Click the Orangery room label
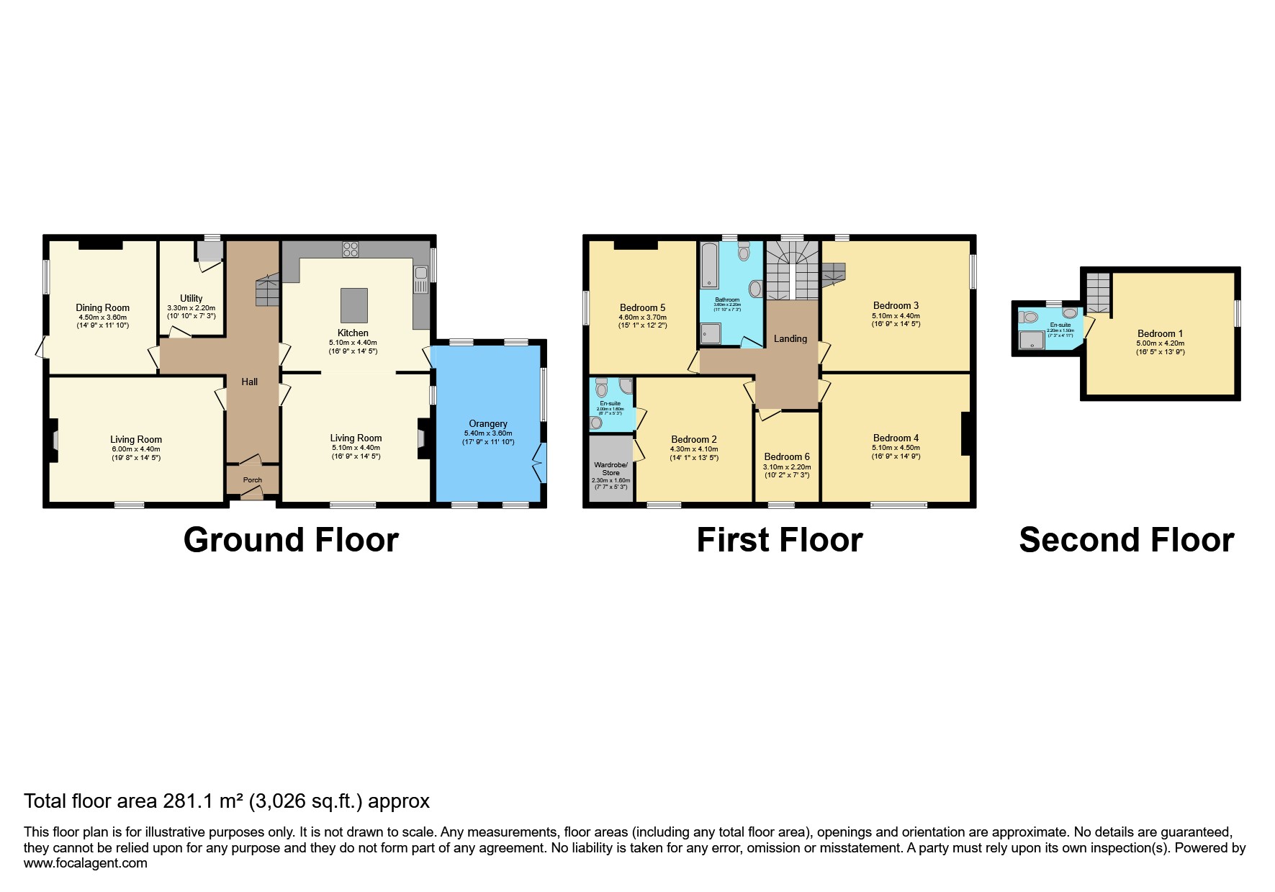pyautogui.click(x=488, y=424)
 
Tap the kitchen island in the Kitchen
pyautogui.click(x=353, y=305)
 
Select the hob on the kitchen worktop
pyautogui.click(x=351, y=249)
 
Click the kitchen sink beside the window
pyautogui.click(x=421, y=279)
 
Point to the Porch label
pyautogui.click(x=252, y=480)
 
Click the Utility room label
pyautogui.click(x=191, y=298)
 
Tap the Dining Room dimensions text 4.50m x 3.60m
pyautogui.click(x=102, y=317)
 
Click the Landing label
pyautogui.click(x=790, y=338)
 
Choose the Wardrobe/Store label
pyautogui.click(x=611, y=469)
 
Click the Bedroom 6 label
pyautogui.click(x=786, y=456)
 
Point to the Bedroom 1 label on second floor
pyautogui.click(x=1160, y=333)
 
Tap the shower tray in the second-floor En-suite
pyautogui.click(x=1033, y=341)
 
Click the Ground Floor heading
pyautogui.click(x=291, y=540)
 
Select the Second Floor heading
pyautogui.click(x=1126, y=540)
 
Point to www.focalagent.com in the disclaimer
pyautogui.click(x=85, y=863)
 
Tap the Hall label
pyautogui.click(x=249, y=382)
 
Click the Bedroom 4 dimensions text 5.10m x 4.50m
pyautogui.click(x=896, y=447)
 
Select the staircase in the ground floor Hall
pyautogui.click(x=267, y=292)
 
